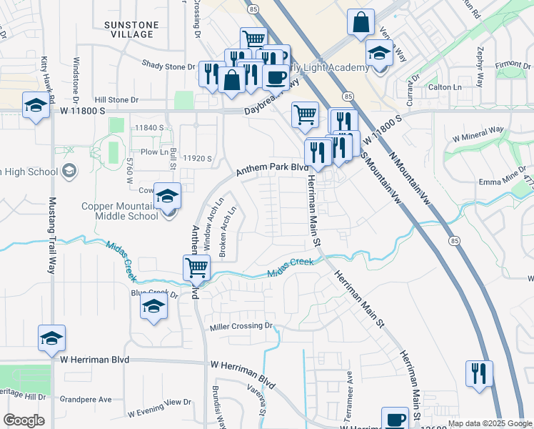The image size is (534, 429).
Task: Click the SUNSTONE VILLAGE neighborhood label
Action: click(x=132, y=29)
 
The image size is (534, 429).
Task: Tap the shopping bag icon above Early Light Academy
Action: click(x=361, y=22)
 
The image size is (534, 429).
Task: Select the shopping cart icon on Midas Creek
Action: click(x=196, y=269)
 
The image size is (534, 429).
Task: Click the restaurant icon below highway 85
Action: click(x=478, y=373)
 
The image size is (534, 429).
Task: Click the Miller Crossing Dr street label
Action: click(x=241, y=327)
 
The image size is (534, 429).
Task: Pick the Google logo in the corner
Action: click(x=24, y=420)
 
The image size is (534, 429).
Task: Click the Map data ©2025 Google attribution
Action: click(x=490, y=423)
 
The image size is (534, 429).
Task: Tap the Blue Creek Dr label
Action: click(x=153, y=293)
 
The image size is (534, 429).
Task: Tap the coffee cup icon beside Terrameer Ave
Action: click(x=394, y=418)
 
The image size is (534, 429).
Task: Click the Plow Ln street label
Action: click(x=153, y=152)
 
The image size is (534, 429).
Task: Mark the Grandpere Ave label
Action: click(x=86, y=399)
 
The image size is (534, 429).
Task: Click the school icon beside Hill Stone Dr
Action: click(x=35, y=106)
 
